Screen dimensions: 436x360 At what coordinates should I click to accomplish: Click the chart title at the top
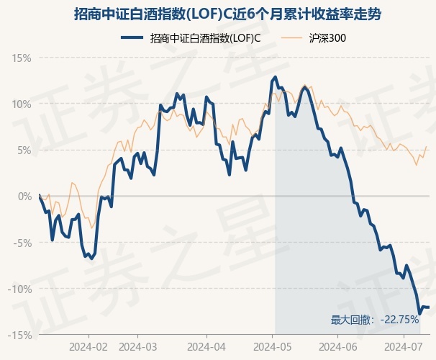pos(227,14)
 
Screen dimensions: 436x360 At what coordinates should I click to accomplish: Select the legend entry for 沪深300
pos(314,38)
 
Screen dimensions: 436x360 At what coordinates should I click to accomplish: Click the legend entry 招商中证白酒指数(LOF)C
pos(191,38)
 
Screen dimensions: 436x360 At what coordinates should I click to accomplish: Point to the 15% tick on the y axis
pos(22,58)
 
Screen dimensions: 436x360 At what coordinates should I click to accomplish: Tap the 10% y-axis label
pos(22,104)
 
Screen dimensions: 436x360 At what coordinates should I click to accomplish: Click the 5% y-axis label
pos(24,150)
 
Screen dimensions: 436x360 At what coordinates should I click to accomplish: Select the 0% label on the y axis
pos(24,197)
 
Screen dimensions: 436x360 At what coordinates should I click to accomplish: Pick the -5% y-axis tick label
pos(22,243)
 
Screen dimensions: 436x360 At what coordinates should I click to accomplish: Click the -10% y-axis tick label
pos(19,289)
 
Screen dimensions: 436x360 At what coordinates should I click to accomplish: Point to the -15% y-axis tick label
pos(19,336)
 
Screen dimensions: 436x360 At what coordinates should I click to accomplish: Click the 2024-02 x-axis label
pos(88,347)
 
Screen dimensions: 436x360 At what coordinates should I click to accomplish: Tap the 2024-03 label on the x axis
pos(138,347)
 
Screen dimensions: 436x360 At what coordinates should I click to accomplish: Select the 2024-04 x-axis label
pos(206,347)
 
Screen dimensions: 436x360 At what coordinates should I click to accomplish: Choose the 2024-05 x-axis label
pos(273,347)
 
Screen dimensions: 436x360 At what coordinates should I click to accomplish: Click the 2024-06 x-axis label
pos(338,347)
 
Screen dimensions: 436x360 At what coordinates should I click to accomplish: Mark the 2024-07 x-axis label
pos(404,347)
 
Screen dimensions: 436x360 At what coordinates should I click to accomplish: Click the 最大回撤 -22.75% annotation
pos(375,320)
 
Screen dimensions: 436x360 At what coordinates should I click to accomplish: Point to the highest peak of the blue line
pos(276,77)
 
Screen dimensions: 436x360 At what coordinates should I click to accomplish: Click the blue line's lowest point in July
pos(419,314)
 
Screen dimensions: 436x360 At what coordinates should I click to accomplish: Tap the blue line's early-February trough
pos(92,258)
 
